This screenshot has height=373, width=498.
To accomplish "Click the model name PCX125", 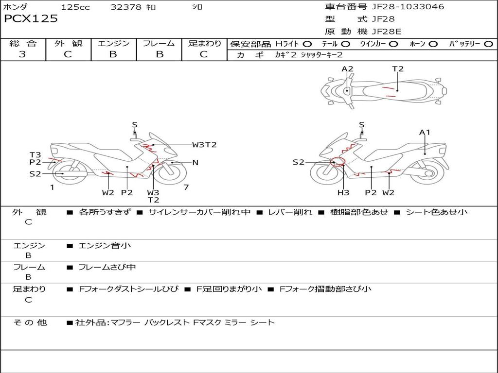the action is click(x=31, y=18).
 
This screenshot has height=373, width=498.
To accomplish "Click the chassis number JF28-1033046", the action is click(x=408, y=6).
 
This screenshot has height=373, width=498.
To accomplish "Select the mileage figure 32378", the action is click(x=126, y=7).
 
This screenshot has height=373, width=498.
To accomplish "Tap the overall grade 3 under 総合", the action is click(x=22, y=54).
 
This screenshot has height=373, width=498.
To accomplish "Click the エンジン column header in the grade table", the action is click(x=113, y=43).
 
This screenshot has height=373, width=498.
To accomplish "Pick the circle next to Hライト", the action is click(x=307, y=44).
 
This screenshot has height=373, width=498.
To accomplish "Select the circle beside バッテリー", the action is click(x=489, y=44).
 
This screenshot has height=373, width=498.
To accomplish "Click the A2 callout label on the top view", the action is click(x=347, y=69).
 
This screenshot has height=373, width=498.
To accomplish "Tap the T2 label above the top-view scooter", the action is click(x=398, y=69).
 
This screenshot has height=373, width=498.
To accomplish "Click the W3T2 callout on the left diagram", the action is click(x=204, y=145).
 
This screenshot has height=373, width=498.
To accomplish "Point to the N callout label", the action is click(x=196, y=163).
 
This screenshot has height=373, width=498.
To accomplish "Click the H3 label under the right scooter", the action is click(x=343, y=192).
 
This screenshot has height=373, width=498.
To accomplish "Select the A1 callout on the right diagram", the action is click(x=425, y=132).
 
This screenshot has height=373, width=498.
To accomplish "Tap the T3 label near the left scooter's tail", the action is click(x=35, y=155).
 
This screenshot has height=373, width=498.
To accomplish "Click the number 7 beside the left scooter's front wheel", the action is click(x=186, y=187).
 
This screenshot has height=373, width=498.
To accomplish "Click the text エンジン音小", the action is click(x=105, y=245).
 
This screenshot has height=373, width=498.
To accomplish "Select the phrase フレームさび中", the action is click(x=107, y=267).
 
